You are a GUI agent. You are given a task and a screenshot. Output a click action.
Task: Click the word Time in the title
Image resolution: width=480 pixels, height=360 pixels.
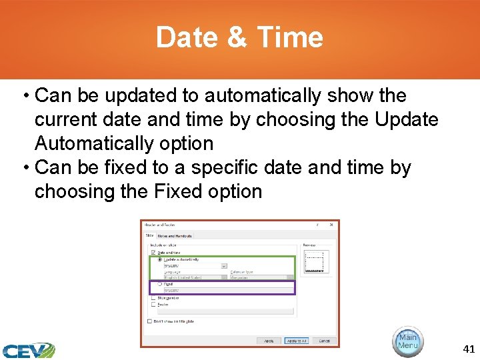(291, 38)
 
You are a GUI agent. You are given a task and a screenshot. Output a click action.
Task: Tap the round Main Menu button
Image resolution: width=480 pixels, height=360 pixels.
(407, 341)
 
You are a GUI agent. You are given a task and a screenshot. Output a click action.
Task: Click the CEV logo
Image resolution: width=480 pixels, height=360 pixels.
(28, 350)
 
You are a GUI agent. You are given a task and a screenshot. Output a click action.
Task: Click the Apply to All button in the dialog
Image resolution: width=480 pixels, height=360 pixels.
(296, 341)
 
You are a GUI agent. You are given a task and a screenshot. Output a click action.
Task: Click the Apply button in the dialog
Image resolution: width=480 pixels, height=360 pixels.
(269, 341)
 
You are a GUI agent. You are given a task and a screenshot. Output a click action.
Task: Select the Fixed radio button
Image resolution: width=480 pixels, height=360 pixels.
(160, 284)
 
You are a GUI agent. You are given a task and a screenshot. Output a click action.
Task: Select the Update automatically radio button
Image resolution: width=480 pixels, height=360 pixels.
(160, 259)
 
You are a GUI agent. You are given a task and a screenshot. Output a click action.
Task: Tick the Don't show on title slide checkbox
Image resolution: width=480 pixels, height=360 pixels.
(150, 321)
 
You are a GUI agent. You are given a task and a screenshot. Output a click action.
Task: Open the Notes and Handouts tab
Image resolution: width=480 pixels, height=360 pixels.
(175, 235)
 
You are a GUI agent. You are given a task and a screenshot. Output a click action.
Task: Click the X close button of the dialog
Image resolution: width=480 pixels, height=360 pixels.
(331, 225)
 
